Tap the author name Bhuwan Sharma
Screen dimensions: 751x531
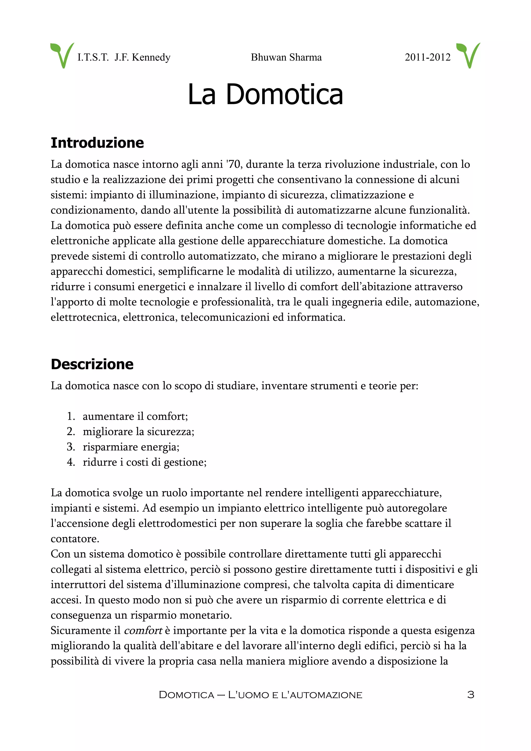coord(286,57)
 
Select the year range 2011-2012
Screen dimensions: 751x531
coord(427,57)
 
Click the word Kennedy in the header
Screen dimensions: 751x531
coord(151,57)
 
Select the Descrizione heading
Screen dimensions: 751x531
coord(92,364)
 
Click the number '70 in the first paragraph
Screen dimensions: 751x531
coord(234,164)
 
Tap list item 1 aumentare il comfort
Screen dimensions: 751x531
coord(135,416)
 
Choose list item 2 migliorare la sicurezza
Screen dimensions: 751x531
coord(138,431)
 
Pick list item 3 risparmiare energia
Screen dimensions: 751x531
coord(131,447)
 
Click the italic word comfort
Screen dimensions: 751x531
coord(143,630)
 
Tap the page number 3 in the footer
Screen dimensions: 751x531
coord(471,695)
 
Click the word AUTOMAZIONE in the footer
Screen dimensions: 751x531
coord(326,695)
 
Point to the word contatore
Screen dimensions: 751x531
coord(75,539)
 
